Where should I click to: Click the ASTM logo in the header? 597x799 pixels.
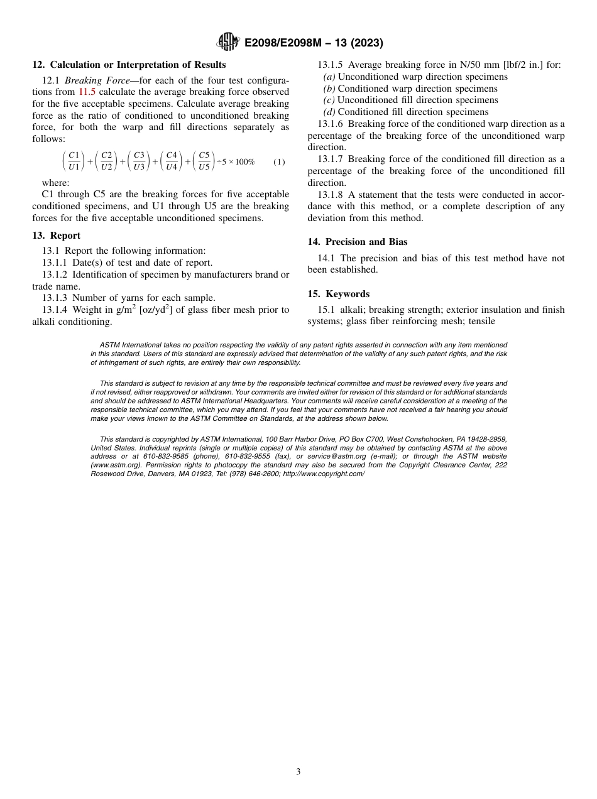pyautogui.click(x=227, y=42)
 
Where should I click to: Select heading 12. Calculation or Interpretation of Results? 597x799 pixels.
pyautogui.click(x=129, y=65)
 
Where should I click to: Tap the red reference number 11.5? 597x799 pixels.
pyautogui.click(x=87, y=92)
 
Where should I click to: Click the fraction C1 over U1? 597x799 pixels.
pyautogui.click(x=74, y=161)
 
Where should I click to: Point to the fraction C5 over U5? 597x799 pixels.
pyautogui.click(x=204, y=161)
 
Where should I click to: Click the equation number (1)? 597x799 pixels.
pyautogui.click(x=279, y=161)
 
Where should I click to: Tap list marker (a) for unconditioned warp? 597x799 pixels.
pyautogui.click(x=329, y=77)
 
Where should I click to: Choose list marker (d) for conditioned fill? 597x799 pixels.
pyautogui.click(x=329, y=112)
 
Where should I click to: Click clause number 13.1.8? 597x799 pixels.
pyautogui.click(x=331, y=195)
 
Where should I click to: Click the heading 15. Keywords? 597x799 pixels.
pyautogui.click(x=338, y=294)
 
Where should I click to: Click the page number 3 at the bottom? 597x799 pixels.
pyautogui.click(x=298, y=771)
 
